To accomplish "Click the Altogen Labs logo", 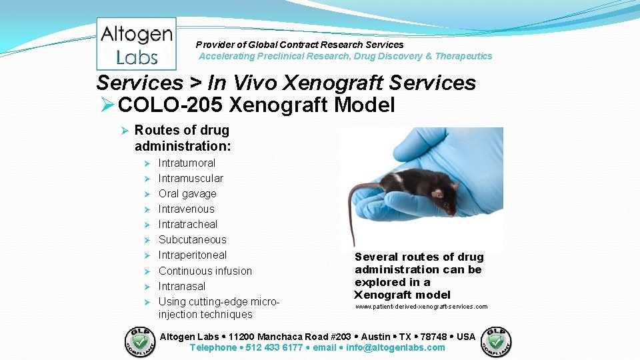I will coord(137,44).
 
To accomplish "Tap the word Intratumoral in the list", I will coord(187,163).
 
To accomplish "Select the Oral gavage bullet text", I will coord(187,193).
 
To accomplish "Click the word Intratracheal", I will coord(187,224).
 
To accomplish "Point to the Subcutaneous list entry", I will coord(192,239).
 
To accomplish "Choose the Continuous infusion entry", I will coord(205,271).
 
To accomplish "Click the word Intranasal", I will coord(181,286).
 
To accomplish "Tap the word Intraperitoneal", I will coord(192,255).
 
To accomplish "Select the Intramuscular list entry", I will coord(191,178).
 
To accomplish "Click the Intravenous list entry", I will coord(186,209).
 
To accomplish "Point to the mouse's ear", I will coord(437,193).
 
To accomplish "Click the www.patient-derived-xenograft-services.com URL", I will coord(421,307).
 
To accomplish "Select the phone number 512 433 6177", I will coord(274,347).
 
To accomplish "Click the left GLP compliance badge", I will coord(140,342).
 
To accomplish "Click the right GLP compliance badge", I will coord(497,342).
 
